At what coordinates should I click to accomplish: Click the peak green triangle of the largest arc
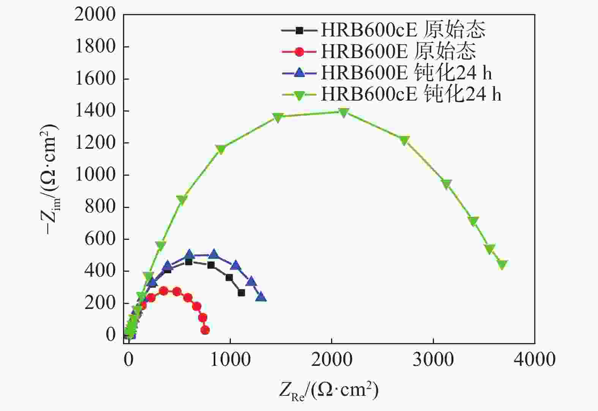tap(344, 112)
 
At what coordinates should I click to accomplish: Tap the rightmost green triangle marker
tap(502, 265)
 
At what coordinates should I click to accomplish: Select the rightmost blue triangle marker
tap(261, 297)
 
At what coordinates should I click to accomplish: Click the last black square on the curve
tap(241, 293)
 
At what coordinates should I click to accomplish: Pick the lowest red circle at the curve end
tap(205, 330)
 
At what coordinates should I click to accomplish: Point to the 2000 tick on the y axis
tap(95, 15)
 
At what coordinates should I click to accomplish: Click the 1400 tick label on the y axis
tap(95, 111)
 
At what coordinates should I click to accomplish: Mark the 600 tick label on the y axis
tap(99, 239)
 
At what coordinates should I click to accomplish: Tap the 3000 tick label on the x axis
tap(433, 359)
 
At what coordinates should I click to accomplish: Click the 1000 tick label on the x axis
tap(230, 359)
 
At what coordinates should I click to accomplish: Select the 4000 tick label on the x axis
tap(535, 359)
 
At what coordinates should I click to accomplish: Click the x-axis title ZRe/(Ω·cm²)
tap(329, 390)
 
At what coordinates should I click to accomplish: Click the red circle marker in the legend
tap(299, 52)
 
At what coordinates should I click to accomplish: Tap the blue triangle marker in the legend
tap(299, 72)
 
